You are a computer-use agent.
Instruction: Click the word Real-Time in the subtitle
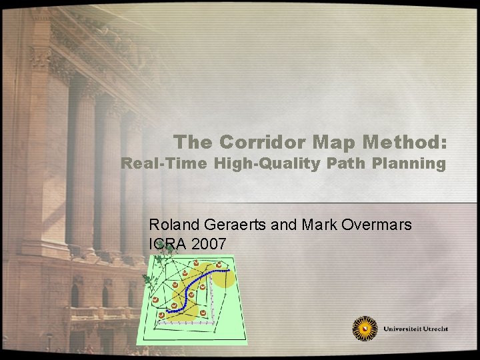point(164,164)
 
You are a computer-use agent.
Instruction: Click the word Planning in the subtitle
point(411,164)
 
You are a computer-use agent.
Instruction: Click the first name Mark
point(314,225)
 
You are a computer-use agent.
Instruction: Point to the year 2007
point(209,244)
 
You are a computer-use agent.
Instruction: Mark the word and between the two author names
point(284,225)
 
